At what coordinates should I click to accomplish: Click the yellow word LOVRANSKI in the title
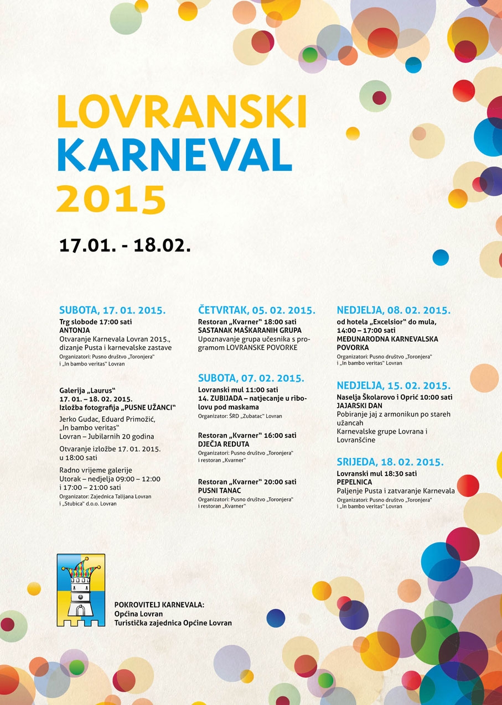181,111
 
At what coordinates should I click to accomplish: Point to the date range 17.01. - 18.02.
125,246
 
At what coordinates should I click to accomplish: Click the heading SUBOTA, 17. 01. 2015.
112,310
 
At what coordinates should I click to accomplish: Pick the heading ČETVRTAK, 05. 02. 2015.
257,310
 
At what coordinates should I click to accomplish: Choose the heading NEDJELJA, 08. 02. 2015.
394,310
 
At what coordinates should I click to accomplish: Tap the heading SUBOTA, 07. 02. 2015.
251,379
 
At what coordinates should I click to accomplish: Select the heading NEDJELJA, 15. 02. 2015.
394,386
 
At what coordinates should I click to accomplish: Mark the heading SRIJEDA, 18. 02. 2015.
390,462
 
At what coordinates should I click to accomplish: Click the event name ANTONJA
75,330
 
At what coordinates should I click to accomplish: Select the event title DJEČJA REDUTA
224,444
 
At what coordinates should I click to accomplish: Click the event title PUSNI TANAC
220,490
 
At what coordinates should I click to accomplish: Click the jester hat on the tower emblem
80,567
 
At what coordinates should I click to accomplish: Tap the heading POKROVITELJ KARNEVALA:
159,605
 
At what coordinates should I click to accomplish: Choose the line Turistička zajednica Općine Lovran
173,623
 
